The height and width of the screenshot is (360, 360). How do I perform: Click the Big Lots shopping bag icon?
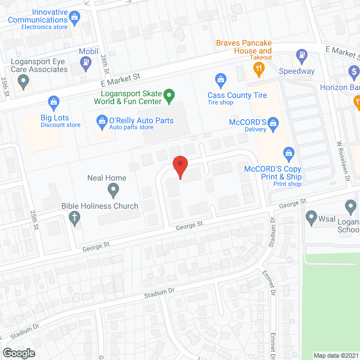(x=53, y=102)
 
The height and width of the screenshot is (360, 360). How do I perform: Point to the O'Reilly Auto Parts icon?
(x=102, y=120)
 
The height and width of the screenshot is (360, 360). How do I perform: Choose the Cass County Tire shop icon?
(x=220, y=79)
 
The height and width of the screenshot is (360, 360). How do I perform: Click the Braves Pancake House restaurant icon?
(x=259, y=70)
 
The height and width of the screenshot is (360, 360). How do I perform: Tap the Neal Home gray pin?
(x=113, y=190)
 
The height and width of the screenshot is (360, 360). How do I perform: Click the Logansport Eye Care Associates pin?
(x=23, y=82)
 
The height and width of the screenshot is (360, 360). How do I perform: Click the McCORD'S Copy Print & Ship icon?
(x=289, y=152)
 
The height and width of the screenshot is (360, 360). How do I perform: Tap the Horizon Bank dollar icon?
(x=353, y=72)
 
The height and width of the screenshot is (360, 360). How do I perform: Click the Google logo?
(x=19, y=353)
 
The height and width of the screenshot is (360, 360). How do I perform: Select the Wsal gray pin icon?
(x=311, y=217)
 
